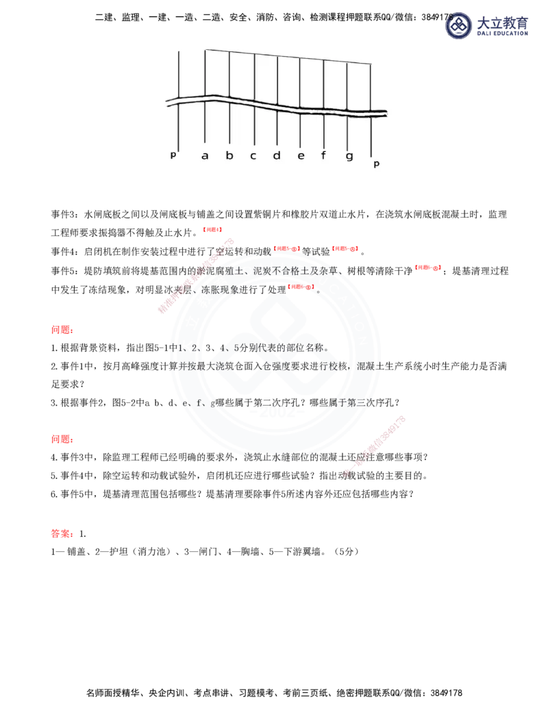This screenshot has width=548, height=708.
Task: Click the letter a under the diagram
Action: pos(205,156)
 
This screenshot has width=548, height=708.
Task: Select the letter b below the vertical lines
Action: pos(229,156)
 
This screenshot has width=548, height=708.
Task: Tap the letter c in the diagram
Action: pos(253,156)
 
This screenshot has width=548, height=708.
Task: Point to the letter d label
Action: pos(277,156)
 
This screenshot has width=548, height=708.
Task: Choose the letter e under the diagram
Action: pos(301,156)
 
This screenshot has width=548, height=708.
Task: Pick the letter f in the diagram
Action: pos(324,155)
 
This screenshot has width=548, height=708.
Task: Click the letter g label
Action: pos(349,157)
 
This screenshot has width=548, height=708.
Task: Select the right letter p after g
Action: pos(376,164)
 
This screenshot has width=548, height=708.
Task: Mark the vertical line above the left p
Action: pos(179,75)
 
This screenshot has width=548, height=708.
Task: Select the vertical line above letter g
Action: pos(348,86)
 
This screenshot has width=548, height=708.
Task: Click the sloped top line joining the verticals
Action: pos(288,56)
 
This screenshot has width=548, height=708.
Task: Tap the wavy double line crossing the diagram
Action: pos(274,107)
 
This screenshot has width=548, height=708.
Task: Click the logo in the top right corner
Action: pos(487,27)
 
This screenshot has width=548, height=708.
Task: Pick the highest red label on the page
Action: pos(212,230)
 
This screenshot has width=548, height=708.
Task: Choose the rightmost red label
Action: pos(428,268)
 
